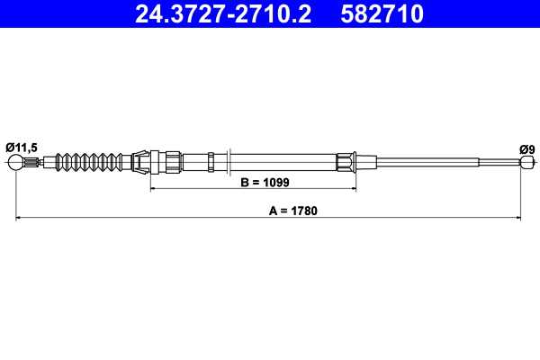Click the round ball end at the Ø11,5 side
coord(16,163)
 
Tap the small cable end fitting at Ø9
coord(526,163)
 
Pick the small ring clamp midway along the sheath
coord(211,163)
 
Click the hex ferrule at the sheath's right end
coord(346,163)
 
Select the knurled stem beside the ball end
coord(33,163)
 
